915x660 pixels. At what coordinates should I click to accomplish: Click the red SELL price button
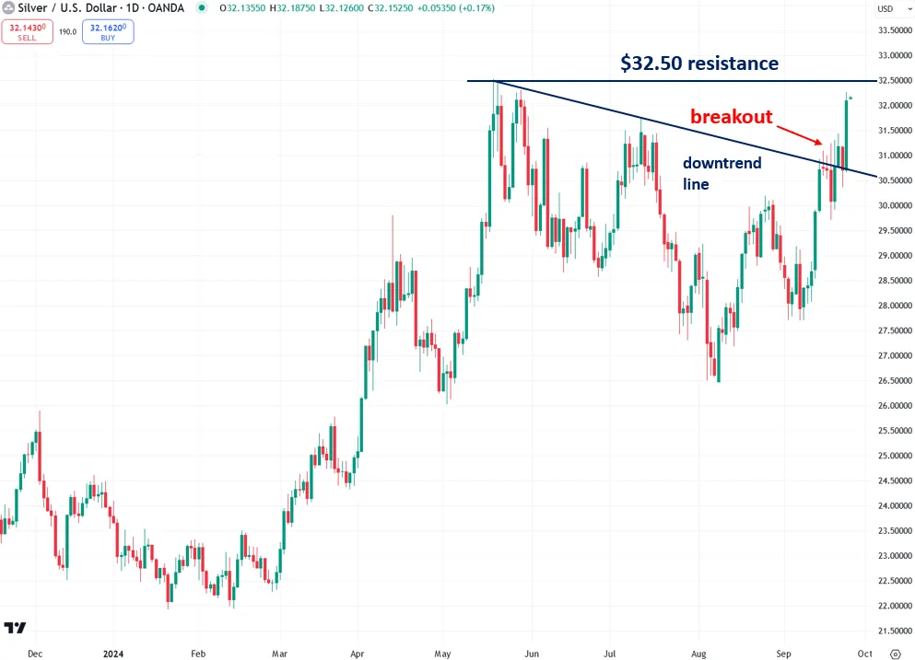click(x=27, y=32)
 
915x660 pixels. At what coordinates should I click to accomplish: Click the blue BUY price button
click(x=108, y=32)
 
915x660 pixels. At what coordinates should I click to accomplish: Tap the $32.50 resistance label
click(x=699, y=64)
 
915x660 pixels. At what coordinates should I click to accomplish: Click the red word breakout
click(x=732, y=117)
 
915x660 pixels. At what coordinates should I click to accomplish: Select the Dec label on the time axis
click(x=35, y=654)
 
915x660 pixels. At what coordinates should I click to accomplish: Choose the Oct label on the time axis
click(x=863, y=654)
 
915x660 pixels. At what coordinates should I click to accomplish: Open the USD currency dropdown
click(x=886, y=9)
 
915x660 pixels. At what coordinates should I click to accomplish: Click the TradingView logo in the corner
click(x=15, y=628)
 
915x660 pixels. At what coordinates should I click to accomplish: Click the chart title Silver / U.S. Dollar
click(x=64, y=8)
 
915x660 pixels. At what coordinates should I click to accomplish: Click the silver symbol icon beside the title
click(x=8, y=8)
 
